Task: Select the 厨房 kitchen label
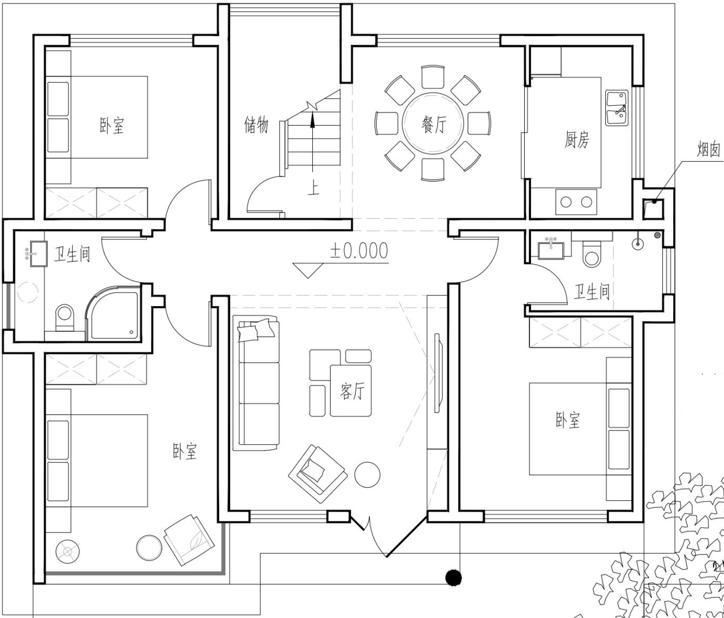click(x=577, y=139)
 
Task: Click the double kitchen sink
click(x=617, y=108)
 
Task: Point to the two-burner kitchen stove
click(x=576, y=202)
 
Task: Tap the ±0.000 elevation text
click(x=359, y=251)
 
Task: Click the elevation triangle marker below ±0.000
click(x=308, y=270)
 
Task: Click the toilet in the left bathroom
click(x=65, y=317)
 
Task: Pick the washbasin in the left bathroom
click(x=38, y=253)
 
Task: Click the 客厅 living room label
click(x=352, y=391)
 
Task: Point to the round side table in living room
click(x=367, y=475)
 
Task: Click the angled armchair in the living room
click(x=318, y=474)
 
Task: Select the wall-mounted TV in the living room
click(x=438, y=373)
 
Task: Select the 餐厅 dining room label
click(x=433, y=125)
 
